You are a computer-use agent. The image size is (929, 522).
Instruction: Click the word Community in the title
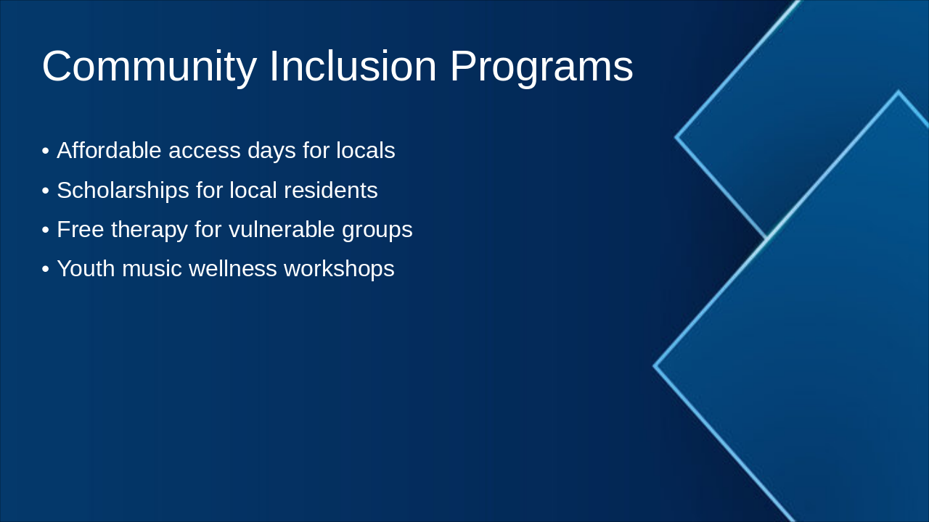pos(149,67)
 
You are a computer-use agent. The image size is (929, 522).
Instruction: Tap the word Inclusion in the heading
pos(353,67)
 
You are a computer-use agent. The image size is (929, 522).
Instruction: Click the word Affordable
pos(109,151)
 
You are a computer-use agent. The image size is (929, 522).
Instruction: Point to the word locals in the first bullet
pos(365,151)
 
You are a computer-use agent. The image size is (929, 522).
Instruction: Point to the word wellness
pos(233,269)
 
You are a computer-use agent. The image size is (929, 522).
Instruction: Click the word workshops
pos(339,269)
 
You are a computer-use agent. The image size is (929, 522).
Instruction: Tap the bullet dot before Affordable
pos(46,152)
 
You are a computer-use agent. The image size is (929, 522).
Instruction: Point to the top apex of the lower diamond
pos(899,92)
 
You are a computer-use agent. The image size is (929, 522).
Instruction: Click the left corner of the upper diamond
pos(676,136)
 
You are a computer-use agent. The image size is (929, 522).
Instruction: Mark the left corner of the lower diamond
pos(655,366)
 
